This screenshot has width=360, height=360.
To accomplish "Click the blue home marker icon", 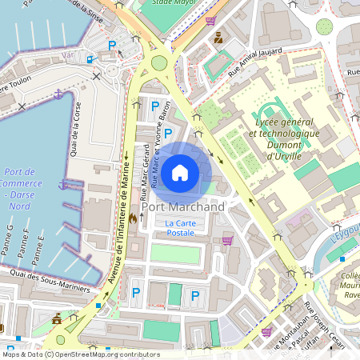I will [x=180, y=172].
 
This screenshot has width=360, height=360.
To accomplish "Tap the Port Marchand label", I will [x=182, y=206].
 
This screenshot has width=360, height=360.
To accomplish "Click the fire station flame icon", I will [x=134, y=217].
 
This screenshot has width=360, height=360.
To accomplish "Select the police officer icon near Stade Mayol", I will [x=218, y=37].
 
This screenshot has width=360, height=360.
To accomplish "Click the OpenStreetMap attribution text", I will [x=80, y=354].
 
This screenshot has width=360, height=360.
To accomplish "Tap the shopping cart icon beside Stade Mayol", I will [x=210, y=20].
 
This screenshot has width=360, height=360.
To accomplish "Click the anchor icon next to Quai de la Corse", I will [x=58, y=94].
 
